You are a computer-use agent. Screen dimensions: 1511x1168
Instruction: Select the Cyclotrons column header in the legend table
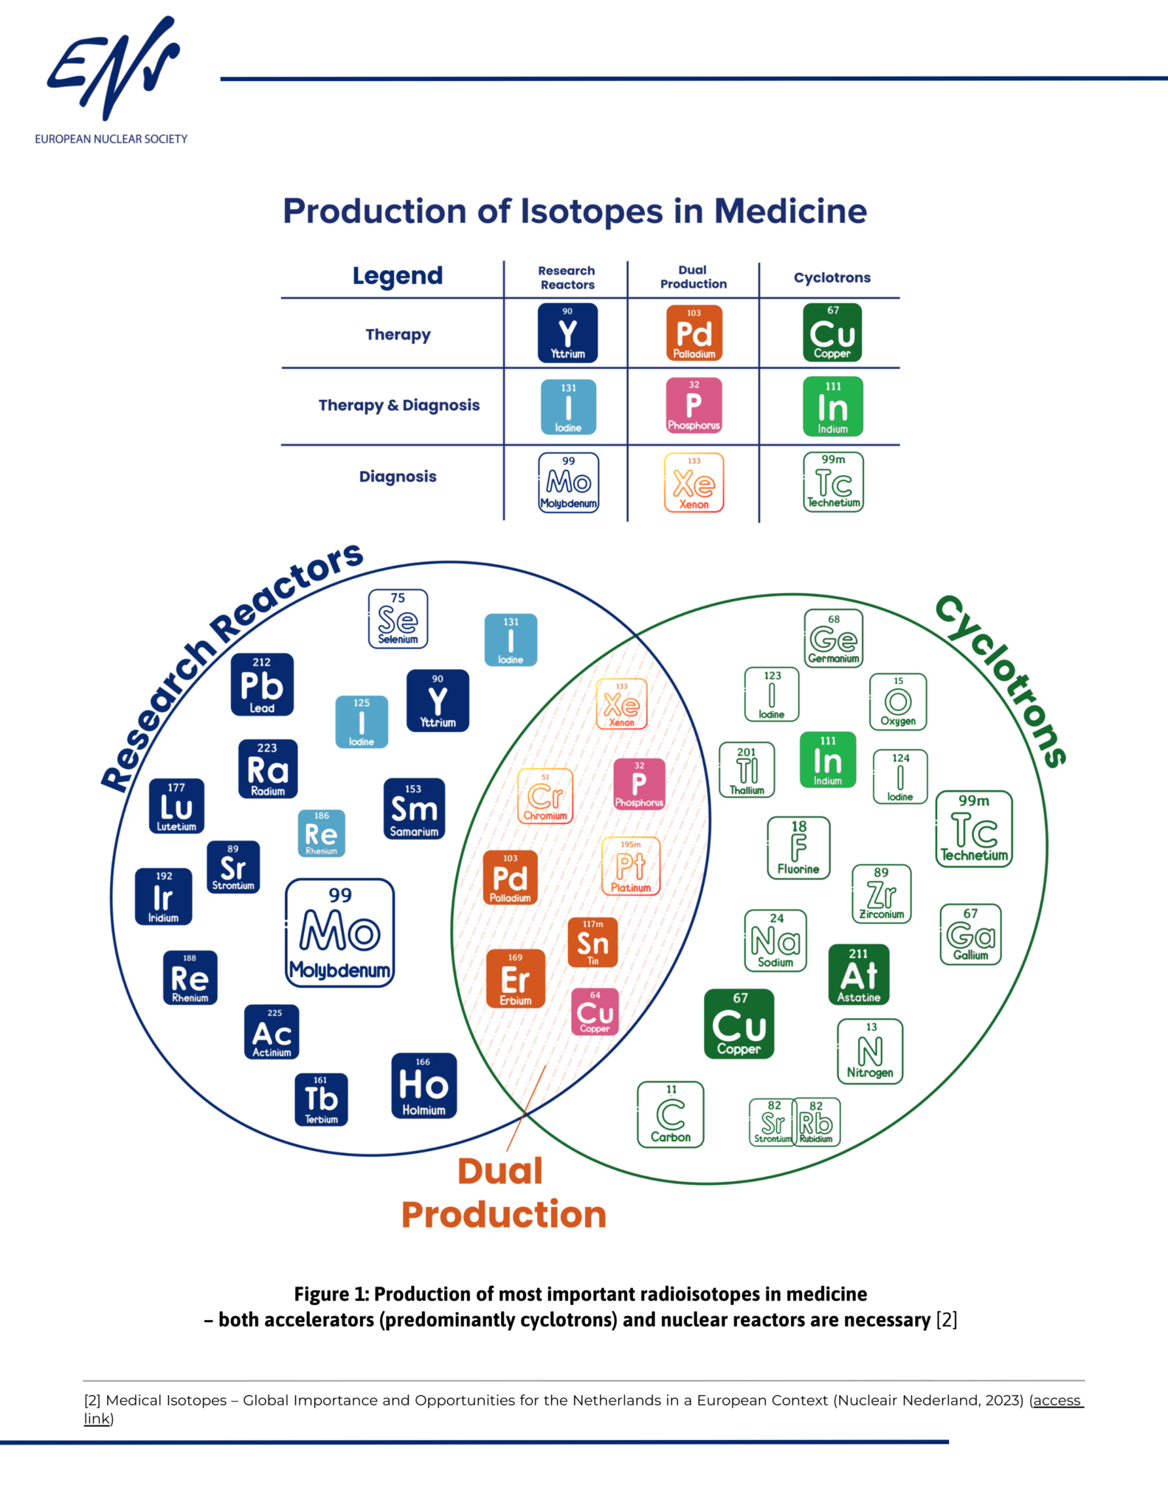pyautogui.click(x=832, y=278)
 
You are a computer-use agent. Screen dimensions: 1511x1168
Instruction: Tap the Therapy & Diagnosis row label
pyautogui.click(x=398, y=405)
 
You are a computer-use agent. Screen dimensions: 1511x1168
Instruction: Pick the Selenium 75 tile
pyautogui.click(x=398, y=619)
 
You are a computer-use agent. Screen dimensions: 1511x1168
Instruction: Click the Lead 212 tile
pyautogui.click(x=262, y=685)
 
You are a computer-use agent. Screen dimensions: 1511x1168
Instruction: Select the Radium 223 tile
pyautogui.click(x=268, y=769)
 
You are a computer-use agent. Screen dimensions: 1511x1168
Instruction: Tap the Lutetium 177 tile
pyautogui.click(x=176, y=806)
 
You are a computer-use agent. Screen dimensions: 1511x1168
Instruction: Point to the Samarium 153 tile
pyautogui.click(x=414, y=809)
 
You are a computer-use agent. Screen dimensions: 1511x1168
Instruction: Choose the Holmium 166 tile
pyautogui.click(x=424, y=1085)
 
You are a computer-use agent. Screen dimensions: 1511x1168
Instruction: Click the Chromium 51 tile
pyautogui.click(x=545, y=796)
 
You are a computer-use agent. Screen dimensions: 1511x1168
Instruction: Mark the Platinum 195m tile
pyautogui.click(x=631, y=866)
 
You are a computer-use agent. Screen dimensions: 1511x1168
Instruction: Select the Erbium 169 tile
pyautogui.click(x=516, y=978)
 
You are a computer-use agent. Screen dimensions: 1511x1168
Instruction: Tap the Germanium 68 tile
pyautogui.click(x=834, y=638)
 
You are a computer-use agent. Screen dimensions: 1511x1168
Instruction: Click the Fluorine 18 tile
pyautogui.click(x=798, y=848)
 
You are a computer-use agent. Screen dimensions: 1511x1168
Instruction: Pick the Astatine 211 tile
pyautogui.click(x=859, y=975)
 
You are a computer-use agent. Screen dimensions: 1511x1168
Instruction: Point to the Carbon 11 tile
pyautogui.click(x=671, y=1115)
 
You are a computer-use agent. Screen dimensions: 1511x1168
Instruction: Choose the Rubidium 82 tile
pyautogui.click(x=816, y=1121)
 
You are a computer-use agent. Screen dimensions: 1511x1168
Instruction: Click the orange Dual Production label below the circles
pyautogui.click(x=503, y=1193)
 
